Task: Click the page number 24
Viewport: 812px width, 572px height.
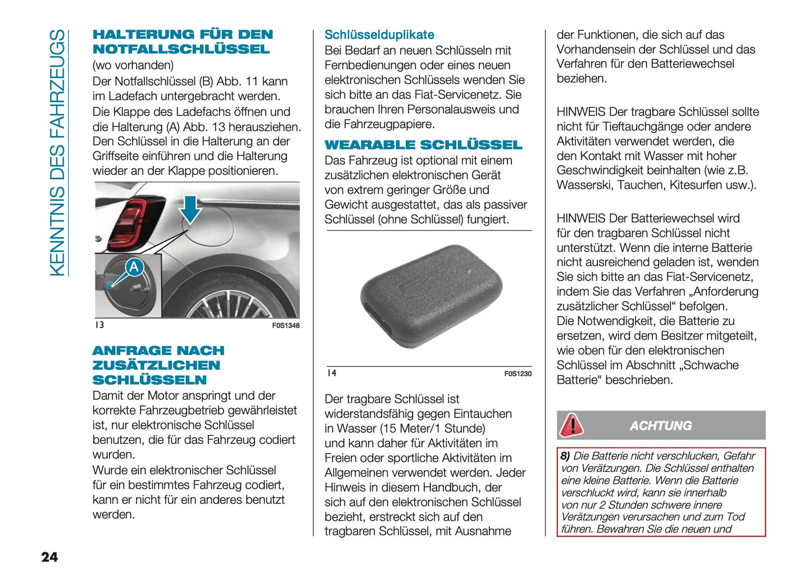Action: (49, 557)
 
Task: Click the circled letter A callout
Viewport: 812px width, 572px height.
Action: (134, 267)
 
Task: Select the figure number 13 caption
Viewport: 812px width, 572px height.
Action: (99, 325)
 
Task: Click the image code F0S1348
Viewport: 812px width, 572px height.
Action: (285, 326)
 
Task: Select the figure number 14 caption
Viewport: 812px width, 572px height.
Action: (332, 373)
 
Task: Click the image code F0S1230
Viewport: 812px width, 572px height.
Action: (518, 374)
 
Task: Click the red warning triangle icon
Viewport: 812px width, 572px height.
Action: (571, 425)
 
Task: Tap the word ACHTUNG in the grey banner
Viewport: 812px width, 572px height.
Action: (660, 426)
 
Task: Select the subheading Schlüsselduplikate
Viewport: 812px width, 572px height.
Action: (379, 35)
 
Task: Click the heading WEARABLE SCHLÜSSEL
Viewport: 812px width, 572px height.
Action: (423, 145)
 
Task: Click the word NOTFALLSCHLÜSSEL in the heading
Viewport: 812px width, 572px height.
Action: (181, 49)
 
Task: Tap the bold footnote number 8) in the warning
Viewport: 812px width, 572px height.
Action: (565, 456)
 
